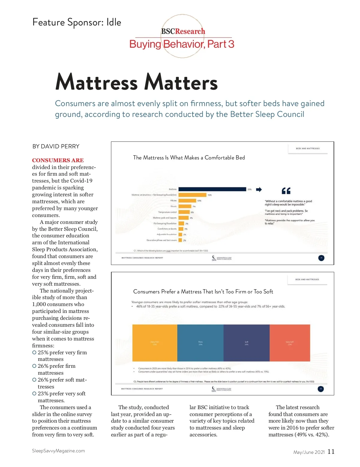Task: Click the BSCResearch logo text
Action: click(183, 31)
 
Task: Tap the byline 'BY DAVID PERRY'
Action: click(56, 146)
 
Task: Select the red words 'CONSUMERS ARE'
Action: click(58, 160)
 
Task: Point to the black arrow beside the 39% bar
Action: click(259, 189)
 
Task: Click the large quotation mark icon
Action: click(286, 191)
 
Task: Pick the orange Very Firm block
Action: click(155, 343)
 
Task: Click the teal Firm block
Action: click(200, 343)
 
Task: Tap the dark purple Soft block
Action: click(247, 343)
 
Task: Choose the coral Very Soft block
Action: click(290, 343)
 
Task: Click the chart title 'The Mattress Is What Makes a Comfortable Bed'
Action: click(189, 158)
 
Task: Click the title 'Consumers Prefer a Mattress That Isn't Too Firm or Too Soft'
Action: click(203, 292)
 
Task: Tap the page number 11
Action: click(331, 452)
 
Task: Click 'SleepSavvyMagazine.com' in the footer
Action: click(58, 451)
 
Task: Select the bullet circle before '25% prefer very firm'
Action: click(34, 352)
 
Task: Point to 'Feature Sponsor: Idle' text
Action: click(77, 22)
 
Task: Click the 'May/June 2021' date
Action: click(309, 452)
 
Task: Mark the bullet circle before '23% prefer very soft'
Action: click(34, 394)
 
